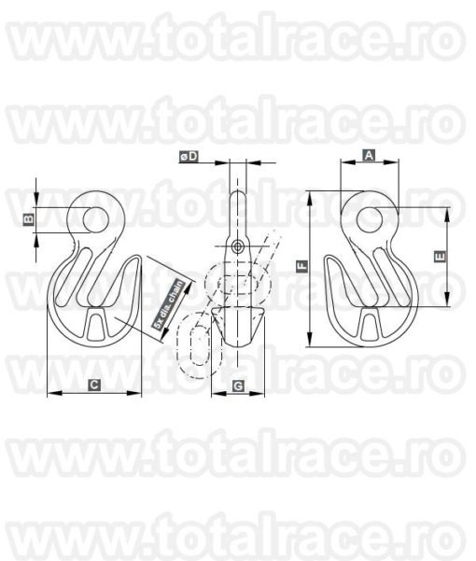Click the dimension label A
369,156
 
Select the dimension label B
29,219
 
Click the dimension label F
302,267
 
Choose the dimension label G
238,385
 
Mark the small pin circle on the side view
238,245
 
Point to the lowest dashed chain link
197,347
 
